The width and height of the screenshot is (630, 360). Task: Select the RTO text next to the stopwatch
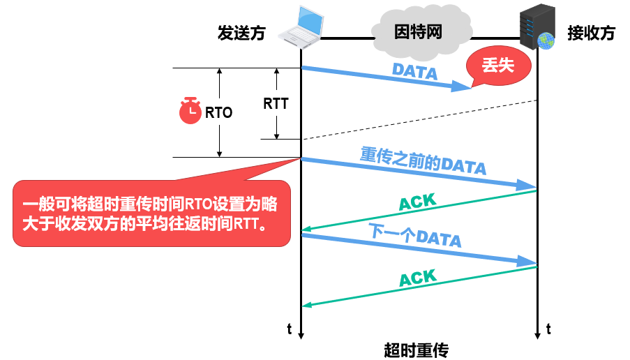[218, 112]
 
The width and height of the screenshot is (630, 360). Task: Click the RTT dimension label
[276, 103]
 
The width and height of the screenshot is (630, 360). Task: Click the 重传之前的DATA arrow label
[423, 160]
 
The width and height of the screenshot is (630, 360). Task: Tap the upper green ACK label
[417, 202]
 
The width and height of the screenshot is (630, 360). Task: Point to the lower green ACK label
[417, 277]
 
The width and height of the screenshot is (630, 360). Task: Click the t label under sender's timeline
[290, 327]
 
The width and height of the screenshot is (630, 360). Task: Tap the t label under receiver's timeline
[548, 327]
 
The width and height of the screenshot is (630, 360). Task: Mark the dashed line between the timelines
[419, 119]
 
